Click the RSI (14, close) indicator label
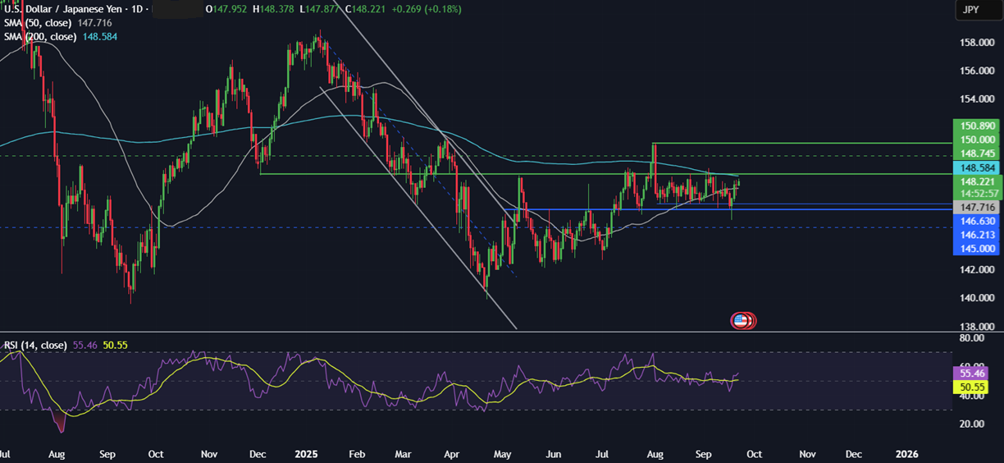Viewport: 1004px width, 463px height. click(x=36, y=346)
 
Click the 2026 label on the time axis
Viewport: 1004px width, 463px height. click(x=906, y=453)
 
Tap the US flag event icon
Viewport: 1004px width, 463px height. click(x=741, y=321)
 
